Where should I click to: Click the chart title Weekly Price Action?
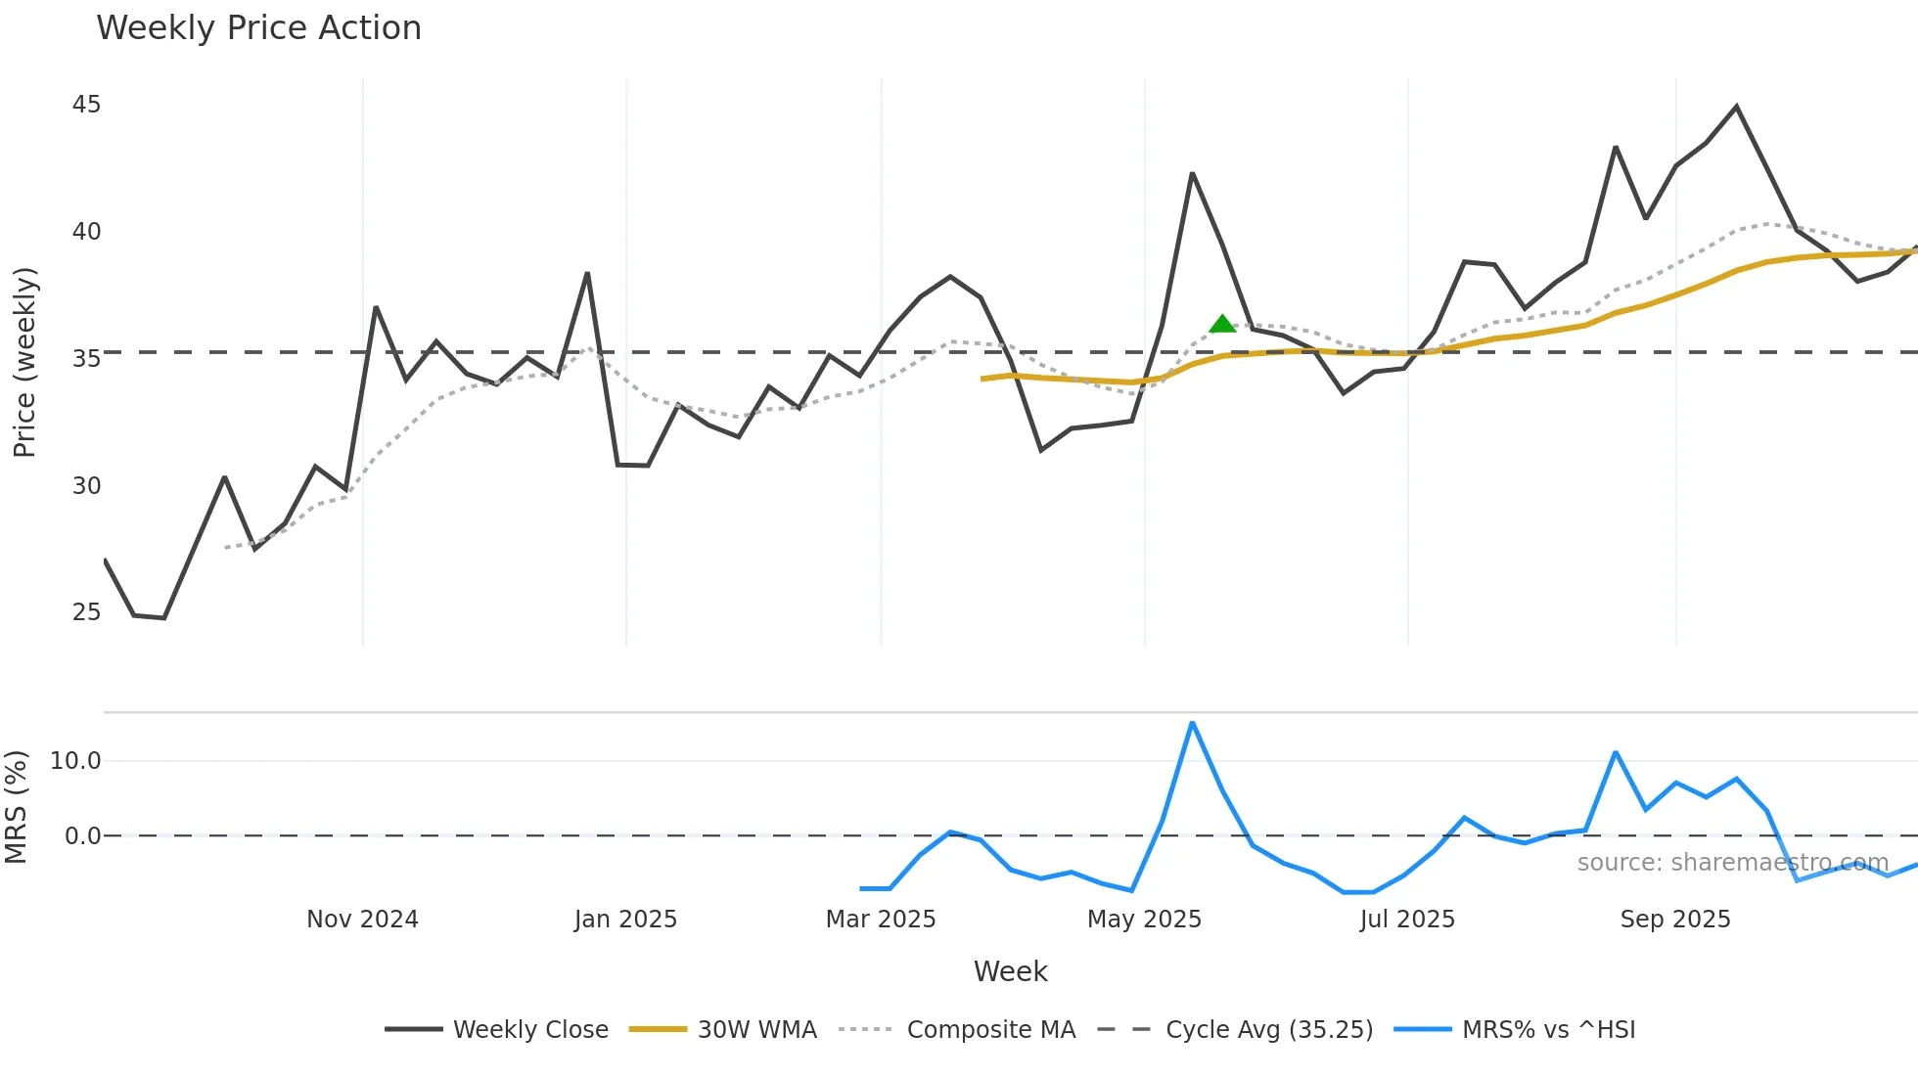(258, 28)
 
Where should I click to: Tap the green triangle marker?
(1222, 324)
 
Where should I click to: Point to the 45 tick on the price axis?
(86, 105)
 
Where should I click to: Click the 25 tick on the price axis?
(86, 612)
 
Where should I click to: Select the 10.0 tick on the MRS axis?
(75, 761)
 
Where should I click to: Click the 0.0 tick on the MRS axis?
(82, 836)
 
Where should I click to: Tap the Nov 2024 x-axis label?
(362, 920)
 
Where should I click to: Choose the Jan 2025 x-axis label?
(625, 920)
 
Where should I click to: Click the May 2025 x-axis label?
(1144, 920)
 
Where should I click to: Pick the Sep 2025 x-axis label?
(1675, 920)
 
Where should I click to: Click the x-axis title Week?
(1010, 971)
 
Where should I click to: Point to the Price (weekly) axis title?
(24, 362)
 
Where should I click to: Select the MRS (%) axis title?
(16, 807)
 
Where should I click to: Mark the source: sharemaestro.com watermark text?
(1732, 863)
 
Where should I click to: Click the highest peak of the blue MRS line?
(1192, 723)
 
